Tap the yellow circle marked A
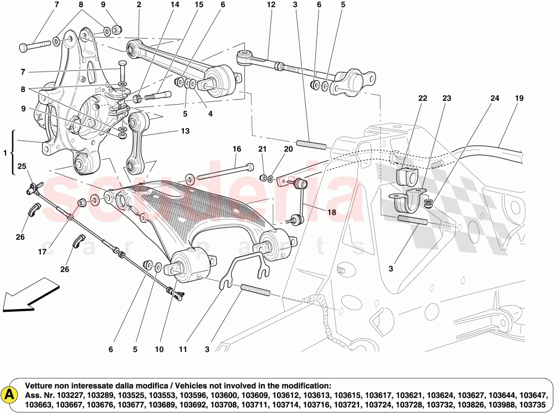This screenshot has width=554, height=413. coord(10,394)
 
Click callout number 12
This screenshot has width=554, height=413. coord(270,5)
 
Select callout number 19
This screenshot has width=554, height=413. coord(519,98)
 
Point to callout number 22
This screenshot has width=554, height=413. coord(423,98)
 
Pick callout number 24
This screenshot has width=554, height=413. coord(494,98)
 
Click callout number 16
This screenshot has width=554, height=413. coord(237,149)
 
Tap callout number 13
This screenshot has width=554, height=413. coord(184,131)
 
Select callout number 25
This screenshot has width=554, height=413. coord(22,166)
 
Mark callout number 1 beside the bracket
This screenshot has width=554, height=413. coord(5,152)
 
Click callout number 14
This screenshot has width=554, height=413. coord(175,5)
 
